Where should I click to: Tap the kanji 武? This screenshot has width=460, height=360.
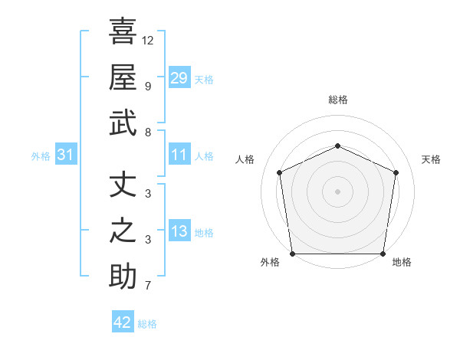pyautogui.click(x=123, y=124)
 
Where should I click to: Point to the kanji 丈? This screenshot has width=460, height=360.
pyautogui.click(x=123, y=184)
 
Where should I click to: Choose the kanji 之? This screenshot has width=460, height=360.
pyautogui.click(x=123, y=231)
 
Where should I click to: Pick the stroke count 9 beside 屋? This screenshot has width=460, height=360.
pyautogui.click(x=148, y=86)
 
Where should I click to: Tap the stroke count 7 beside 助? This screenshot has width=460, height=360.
pyautogui.click(x=148, y=286)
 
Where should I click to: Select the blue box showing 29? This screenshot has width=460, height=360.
pyautogui.click(x=179, y=77)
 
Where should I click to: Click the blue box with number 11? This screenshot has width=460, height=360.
pyautogui.click(x=179, y=155)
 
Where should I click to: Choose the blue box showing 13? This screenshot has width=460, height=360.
pyautogui.click(x=179, y=232)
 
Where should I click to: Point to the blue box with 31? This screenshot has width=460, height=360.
pyautogui.click(x=65, y=155)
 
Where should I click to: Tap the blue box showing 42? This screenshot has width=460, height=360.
pyautogui.click(x=122, y=322)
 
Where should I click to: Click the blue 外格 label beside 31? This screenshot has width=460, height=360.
pyautogui.click(x=41, y=156)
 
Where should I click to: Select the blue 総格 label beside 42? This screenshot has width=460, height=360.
pyautogui.click(x=147, y=324)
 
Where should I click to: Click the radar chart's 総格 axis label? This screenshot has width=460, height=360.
pyautogui.click(x=337, y=100)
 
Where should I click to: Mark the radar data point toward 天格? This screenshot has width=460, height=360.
pyautogui.click(x=396, y=172)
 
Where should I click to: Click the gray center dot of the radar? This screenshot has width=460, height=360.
pyautogui.click(x=337, y=191)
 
